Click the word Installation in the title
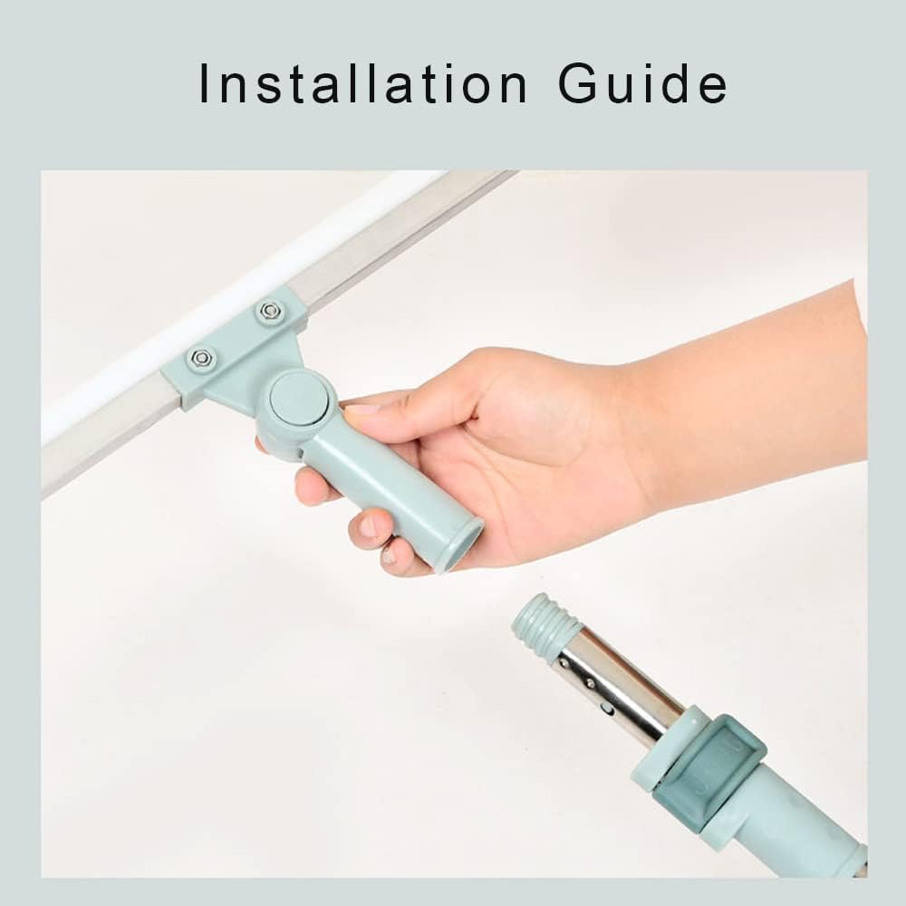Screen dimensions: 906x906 click(363, 83)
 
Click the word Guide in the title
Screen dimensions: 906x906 click(642, 83)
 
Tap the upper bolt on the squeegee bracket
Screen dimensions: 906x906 click(268, 310)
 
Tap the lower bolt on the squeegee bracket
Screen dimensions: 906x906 click(200, 358)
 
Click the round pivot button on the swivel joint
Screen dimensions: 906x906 click(298, 400)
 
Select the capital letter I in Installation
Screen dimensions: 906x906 click(203, 83)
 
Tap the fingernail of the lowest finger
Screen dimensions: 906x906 click(390, 556)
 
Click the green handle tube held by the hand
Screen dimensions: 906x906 click(393, 491)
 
